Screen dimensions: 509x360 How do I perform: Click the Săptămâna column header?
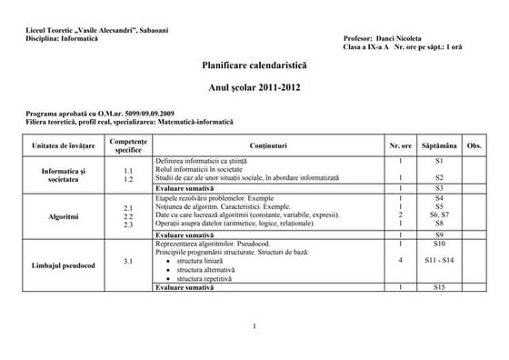[x=438, y=145]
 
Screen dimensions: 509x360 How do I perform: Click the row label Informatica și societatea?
[x=64, y=175]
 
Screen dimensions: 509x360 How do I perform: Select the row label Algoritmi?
[x=64, y=217]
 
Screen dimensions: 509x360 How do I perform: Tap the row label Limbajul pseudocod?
[x=64, y=262]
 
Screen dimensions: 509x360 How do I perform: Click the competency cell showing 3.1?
[x=128, y=262]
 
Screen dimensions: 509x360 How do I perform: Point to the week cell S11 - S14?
[x=438, y=262]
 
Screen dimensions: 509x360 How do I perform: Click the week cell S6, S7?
[x=438, y=215]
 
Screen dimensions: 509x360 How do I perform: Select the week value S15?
[x=438, y=286]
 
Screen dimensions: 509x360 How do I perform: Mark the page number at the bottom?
[x=255, y=326]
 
